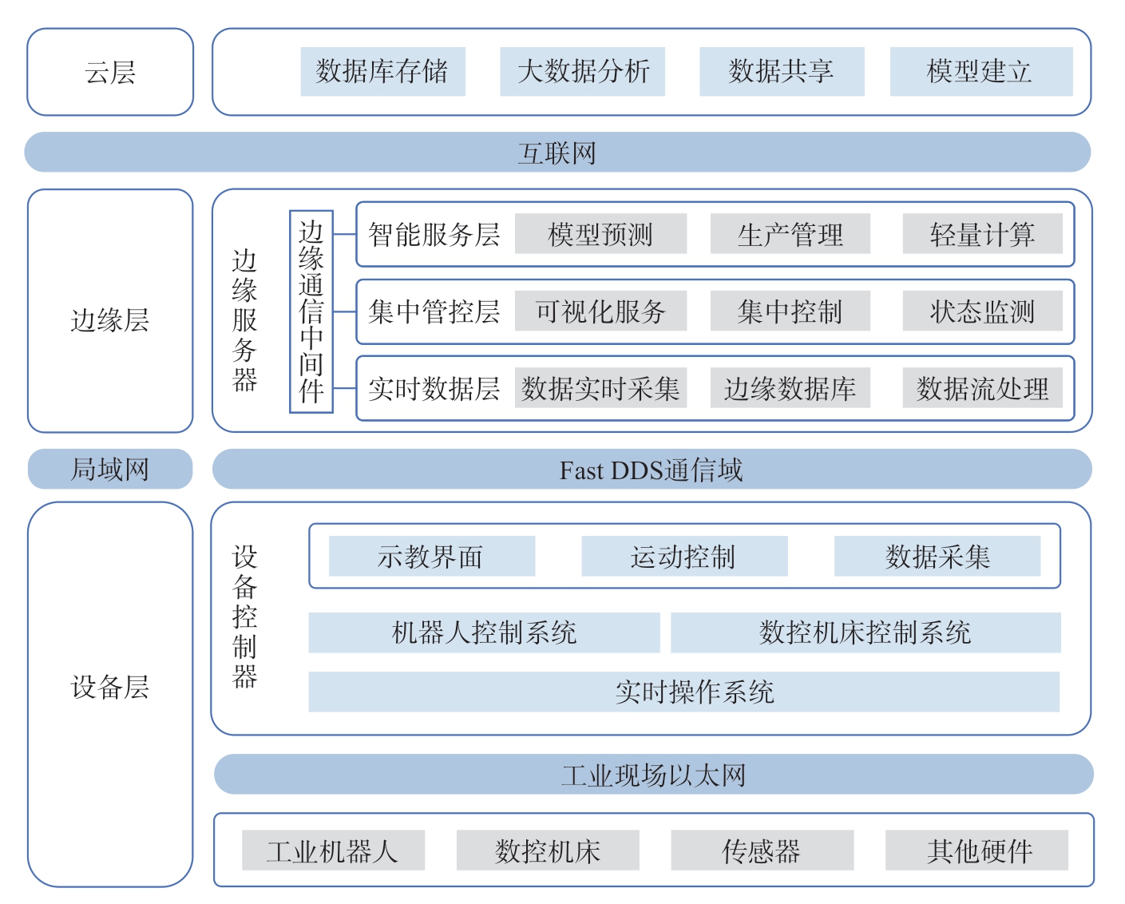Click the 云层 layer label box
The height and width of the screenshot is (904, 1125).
(110, 72)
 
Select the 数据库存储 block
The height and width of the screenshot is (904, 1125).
(383, 72)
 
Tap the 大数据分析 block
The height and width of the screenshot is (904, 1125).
(582, 72)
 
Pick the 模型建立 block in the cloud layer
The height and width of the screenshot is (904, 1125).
(982, 72)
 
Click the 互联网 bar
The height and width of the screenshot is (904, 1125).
(557, 153)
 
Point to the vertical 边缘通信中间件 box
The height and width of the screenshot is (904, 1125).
(311, 311)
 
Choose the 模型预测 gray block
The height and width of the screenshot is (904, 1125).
(600, 234)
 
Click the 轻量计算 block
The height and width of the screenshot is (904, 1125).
(983, 234)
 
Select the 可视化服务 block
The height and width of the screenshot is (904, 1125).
(600, 311)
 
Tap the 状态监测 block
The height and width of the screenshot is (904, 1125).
(983, 311)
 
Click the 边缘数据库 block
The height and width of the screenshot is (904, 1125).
(790, 388)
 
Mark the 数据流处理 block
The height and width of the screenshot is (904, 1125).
(983, 388)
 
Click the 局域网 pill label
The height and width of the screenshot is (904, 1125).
(110, 469)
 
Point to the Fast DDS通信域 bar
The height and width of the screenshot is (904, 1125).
(652, 469)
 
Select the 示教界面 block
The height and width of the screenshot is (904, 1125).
(432, 557)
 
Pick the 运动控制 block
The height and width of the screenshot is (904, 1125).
(685, 557)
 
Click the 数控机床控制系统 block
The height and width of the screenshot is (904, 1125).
(866, 632)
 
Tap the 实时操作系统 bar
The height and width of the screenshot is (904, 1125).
(683, 692)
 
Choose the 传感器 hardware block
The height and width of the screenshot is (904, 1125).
(763, 850)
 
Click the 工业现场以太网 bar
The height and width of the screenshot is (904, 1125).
(653, 775)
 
